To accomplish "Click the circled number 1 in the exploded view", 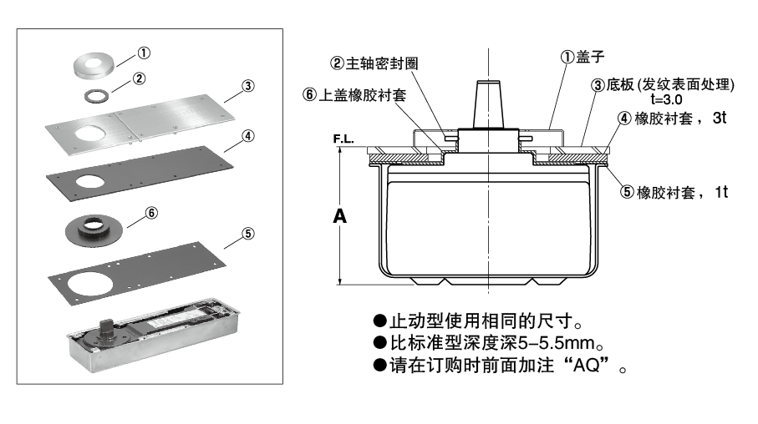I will pos(144,53).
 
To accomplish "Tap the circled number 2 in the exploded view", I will pos(140,78).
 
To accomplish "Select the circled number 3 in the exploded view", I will pos(248,85).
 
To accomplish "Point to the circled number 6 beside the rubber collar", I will pos(151,212).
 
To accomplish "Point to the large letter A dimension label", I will pos(340,216).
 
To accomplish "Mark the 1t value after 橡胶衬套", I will pos(720,192).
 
